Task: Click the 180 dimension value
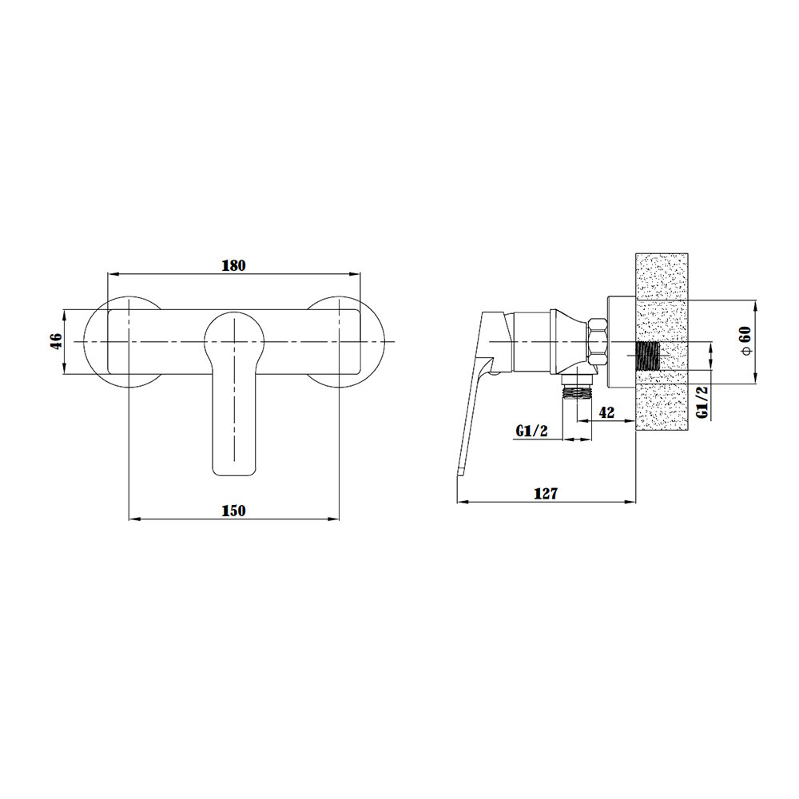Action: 234,265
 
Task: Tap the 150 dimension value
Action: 234,511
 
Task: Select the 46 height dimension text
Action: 56,340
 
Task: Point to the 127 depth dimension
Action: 546,493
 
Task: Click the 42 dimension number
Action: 606,412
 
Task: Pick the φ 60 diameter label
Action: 745,341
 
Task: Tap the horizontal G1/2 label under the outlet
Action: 531,431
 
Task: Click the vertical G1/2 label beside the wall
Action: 702,403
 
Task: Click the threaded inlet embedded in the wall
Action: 648,356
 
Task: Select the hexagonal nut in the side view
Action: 598,341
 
